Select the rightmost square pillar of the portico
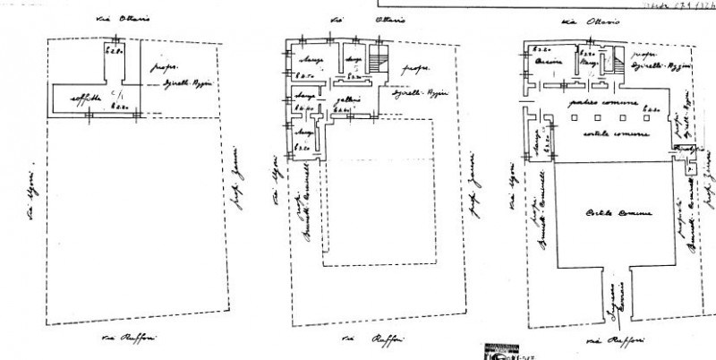pyautogui.click(x=646, y=118)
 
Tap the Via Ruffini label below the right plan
pyautogui.click(x=606, y=341)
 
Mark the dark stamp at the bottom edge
pyautogui.click(x=492, y=352)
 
